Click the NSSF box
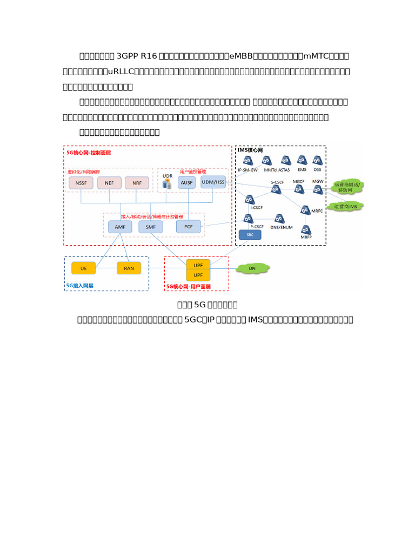coord(81,183)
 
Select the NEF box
coord(109,183)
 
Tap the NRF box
coord(137,183)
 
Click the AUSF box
coord(186,182)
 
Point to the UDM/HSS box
coord(213,182)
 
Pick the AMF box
coord(120,227)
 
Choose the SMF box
coord(150,227)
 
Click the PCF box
coord(188,226)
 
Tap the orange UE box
coord(83,267)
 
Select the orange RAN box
coord(129,267)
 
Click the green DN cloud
coord(252,267)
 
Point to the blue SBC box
coord(250,235)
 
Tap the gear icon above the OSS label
coord(317,160)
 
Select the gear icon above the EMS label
coord(302,160)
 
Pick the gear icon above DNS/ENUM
coord(279,219)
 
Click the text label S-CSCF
coord(277,182)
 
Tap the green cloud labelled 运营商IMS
coord(346,206)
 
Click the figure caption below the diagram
coord(207,305)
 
